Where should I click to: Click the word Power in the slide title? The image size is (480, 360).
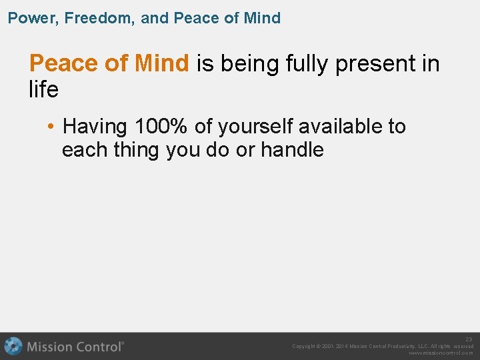click(29, 18)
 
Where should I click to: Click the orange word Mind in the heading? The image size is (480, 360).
click(162, 63)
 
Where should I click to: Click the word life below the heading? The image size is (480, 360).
click(43, 89)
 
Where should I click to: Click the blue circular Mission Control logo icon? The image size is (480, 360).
click(13, 346)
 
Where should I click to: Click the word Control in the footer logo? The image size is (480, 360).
click(99, 347)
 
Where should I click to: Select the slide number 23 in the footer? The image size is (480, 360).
click(469, 339)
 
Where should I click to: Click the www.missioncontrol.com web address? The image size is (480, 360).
click(441, 353)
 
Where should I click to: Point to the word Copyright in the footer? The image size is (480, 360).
click(306, 346)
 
